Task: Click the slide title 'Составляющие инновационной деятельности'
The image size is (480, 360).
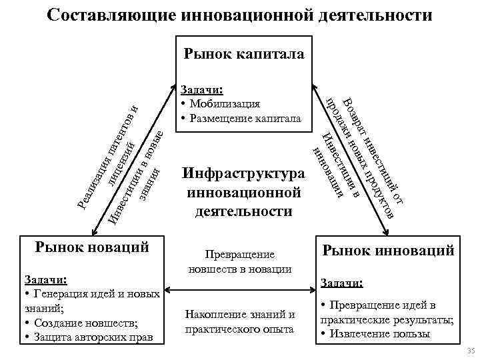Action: point(240,14)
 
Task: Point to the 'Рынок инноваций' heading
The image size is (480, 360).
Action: point(389,251)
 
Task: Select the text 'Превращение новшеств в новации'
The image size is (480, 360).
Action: point(240,262)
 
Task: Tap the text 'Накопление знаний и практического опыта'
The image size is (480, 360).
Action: point(240,321)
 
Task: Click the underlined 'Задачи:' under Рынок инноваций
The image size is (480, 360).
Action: point(343,283)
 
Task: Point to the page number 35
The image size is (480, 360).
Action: point(471,351)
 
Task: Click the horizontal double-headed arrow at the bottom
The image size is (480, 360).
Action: point(240,291)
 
